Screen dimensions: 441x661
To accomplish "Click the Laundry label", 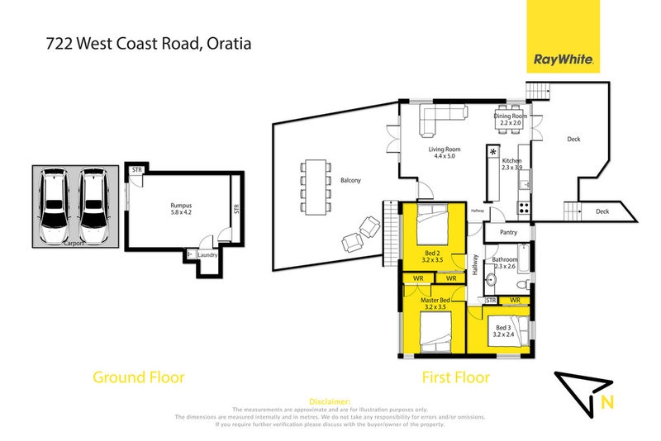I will [x=207, y=255].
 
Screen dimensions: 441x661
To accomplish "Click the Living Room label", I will [x=444, y=150].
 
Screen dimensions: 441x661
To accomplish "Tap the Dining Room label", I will [x=510, y=116].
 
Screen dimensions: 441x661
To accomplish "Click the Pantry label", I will [x=509, y=235].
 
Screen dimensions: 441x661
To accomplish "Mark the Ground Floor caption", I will [x=138, y=377].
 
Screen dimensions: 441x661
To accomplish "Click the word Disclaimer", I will [x=330, y=400].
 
